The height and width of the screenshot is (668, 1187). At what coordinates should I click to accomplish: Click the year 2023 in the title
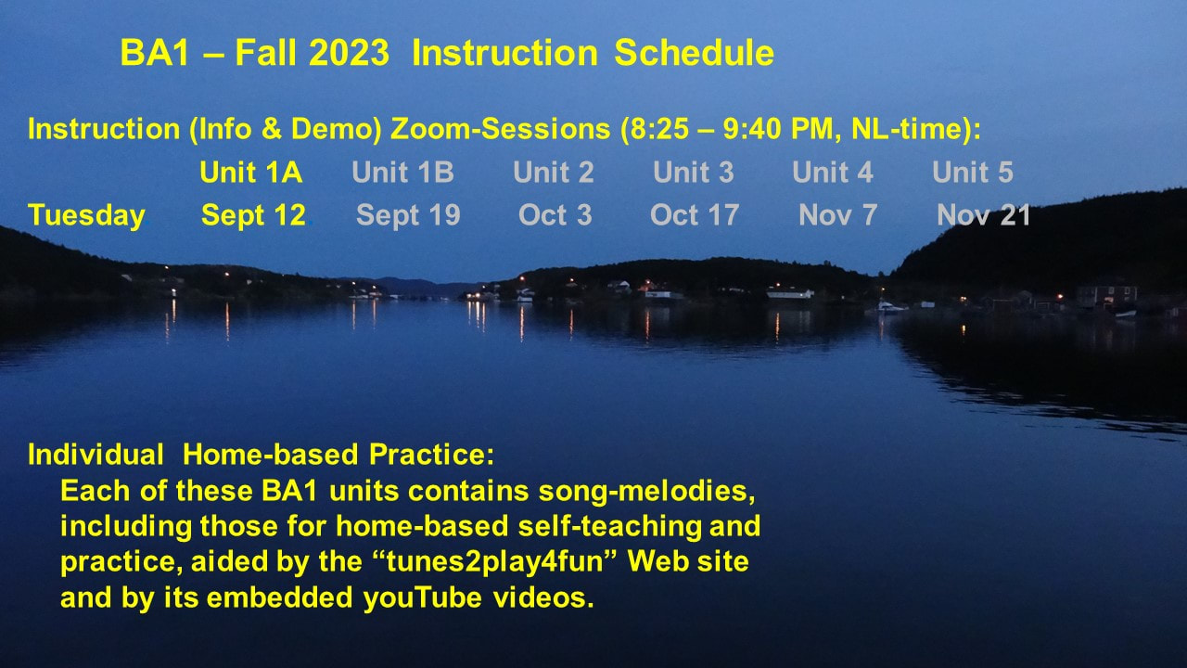(350, 53)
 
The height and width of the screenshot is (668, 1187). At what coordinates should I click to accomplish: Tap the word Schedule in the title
(695, 53)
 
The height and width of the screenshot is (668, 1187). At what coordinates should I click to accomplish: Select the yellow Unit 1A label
(250, 173)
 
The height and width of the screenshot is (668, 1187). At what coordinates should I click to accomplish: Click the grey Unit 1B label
(402, 173)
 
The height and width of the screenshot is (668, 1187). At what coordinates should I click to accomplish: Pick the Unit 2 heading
(554, 173)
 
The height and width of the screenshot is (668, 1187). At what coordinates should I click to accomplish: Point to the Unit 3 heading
(693, 173)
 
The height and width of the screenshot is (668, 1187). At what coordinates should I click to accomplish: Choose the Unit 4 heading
(833, 173)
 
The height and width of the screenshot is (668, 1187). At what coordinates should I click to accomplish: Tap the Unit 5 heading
(973, 173)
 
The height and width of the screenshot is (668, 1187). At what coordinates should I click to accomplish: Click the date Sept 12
(253, 216)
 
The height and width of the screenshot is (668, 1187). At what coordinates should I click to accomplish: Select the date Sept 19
(408, 216)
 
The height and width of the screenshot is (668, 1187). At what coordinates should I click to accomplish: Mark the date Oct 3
(555, 215)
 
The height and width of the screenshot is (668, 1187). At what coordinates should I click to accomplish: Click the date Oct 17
(695, 215)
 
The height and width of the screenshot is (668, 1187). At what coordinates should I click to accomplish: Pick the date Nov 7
(837, 215)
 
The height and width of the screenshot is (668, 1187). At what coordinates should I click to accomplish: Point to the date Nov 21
(983, 215)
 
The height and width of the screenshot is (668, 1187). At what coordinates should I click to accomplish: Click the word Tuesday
(86, 216)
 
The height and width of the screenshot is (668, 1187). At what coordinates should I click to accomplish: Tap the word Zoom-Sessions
(500, 129)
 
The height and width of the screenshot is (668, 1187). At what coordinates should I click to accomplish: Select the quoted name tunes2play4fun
(495, 562)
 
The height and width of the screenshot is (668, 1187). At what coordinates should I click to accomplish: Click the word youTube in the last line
(422, 598)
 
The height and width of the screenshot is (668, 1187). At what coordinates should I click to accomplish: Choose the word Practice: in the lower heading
(431, 455)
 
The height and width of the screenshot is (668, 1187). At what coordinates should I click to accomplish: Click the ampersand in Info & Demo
(271, 129)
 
